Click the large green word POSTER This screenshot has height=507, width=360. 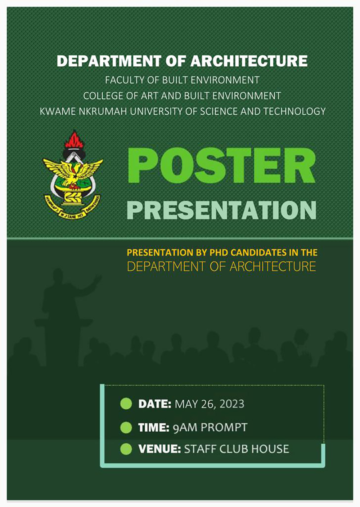[221, 166]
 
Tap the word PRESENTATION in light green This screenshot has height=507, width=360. [221, 210]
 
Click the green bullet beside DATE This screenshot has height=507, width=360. [126, 404]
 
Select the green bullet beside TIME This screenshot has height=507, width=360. [126, 428]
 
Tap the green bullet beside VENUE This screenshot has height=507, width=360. [126, 449]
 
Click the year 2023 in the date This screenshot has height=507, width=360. [232, 404]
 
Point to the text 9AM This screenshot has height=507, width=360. [185, 428]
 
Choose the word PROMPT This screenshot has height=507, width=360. [224, 428]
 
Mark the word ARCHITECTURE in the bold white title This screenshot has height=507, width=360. [249, 61]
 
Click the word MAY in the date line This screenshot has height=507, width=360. [186, 404]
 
